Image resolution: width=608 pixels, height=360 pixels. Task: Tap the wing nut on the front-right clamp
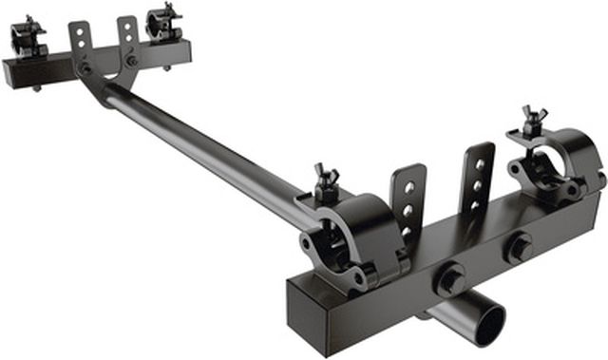pyautogui.click(x=531, y=122)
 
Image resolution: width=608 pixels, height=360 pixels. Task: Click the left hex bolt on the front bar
pyautogui.click(x=448, y=281)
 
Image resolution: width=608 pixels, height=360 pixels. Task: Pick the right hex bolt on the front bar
pyautogui.click(x=519, y=249)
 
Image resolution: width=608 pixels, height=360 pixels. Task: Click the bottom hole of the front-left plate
pyautogui.click(x=408, y=231)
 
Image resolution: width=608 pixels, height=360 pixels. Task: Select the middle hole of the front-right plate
pyautogui.click(x=479, y=185)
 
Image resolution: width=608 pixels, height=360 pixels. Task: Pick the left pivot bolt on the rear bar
pyautogui.click(x=86, y=68)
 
